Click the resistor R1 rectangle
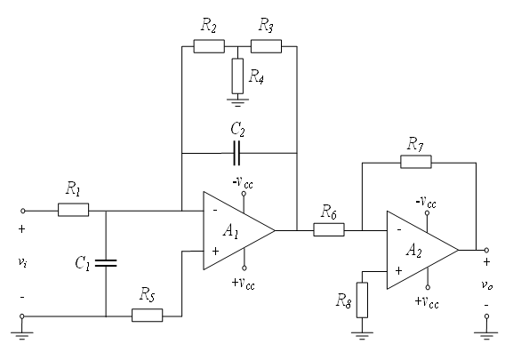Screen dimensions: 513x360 point(73,210)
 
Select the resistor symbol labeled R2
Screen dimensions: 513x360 point(209,46)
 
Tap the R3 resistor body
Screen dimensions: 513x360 point(266,46)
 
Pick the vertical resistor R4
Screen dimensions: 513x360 point(237,76)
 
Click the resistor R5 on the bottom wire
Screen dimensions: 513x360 point(148,316)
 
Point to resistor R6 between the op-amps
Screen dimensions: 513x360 point(329,229)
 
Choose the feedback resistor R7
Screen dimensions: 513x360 point(416,162)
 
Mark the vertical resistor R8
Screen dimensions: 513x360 point(362,300)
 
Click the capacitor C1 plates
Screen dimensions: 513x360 point(106,263)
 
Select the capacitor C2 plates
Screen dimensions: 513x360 point(236,153)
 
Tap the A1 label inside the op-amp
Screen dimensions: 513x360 point(231,231)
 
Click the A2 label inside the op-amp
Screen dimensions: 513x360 point(414,251)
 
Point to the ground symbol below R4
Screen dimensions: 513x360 point(237,101)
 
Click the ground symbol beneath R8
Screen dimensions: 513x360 point(362,335)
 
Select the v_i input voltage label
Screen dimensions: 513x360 point(22,262)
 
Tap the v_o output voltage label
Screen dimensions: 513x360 point(487,284)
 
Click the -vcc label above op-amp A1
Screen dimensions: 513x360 point(243,182)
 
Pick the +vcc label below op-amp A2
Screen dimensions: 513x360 point(427,301)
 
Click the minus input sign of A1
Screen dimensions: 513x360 point(215,211)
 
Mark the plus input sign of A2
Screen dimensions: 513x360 point(398,271)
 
